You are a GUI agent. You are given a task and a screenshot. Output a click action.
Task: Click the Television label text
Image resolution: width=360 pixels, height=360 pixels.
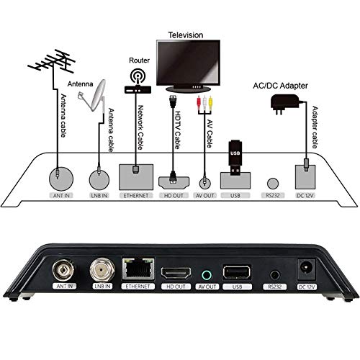186,35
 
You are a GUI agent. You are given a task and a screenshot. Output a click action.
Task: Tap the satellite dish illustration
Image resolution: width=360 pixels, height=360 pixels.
94,96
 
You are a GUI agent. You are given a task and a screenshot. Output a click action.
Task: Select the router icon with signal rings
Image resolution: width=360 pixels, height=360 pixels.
138,81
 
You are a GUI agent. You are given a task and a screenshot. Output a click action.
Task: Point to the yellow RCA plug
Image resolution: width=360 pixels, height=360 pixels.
210,102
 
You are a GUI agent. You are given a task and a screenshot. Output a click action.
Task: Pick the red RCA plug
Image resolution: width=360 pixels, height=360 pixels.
199,102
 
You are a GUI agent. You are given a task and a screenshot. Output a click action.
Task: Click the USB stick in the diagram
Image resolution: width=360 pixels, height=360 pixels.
235,158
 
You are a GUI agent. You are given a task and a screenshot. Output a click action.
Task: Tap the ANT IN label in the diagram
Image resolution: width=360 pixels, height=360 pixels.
61,196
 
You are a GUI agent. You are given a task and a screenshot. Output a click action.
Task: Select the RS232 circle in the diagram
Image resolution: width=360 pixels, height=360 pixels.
273,184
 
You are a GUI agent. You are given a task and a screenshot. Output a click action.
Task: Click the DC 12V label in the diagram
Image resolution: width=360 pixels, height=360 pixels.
305,196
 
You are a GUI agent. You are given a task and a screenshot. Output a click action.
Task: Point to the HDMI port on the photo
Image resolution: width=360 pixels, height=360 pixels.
176,273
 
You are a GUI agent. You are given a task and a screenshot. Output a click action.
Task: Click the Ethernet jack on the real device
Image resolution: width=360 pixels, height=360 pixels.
138,269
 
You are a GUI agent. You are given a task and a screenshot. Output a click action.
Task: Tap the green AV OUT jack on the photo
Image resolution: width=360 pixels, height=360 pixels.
207,275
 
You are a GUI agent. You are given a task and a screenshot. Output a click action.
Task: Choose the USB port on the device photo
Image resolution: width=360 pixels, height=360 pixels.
237,272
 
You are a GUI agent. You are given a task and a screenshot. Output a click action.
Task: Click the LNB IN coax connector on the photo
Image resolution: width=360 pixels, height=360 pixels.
102,270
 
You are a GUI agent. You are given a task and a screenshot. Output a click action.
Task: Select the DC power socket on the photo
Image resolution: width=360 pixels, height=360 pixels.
306,269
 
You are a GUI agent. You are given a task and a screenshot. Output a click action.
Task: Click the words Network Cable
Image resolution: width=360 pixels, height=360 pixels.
140,127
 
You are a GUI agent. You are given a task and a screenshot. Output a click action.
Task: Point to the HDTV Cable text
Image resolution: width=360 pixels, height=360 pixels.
178,130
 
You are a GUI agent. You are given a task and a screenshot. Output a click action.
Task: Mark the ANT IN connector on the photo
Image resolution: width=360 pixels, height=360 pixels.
63,270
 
